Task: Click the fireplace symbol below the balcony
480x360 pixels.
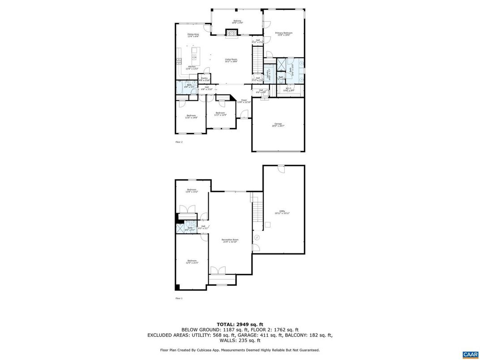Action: tap(231, 33)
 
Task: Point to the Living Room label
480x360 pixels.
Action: tap(231, 60)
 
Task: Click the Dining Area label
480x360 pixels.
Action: tap(193, 35)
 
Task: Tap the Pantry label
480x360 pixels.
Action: tap(204, 79)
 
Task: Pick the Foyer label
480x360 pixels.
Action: tap(244, 101)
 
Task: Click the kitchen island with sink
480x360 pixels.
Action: tap(194, 54)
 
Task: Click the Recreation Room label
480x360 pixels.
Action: tap(230, 241)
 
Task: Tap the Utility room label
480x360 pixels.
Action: tap(282, 212)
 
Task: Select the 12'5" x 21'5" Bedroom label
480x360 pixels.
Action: tap(192, 261)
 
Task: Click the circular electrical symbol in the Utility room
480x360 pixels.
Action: tap(257, 238)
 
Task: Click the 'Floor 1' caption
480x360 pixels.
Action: tap(179, 298)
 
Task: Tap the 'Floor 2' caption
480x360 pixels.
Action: tap(179, 142)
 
